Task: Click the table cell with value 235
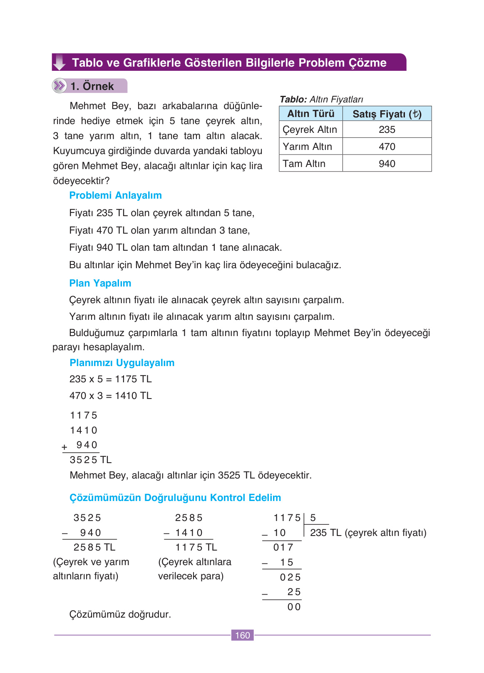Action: pyautogui.click(x=387, y=130)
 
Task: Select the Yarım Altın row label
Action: pyautogui.click(x=307, y=147)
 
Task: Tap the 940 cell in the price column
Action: pyautogui.click(x=387, y=164)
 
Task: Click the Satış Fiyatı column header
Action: pyautogui.click(x=387, y=114)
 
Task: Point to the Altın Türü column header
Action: pyautogui.click(x=310, y=114)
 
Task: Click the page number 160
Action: pyautogui.click(x=242, y=635)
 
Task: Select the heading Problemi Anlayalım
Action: pyautogui.click(x=115, y=195)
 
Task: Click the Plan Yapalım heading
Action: pyautogui.click(x=100, y=283)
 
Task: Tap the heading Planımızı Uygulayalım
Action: pyautogui.click(x=122, y=363)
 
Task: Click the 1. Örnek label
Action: pyautogui.click(x=92, y=86)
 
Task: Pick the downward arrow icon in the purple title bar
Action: pyautogui.click(x=60, y=62)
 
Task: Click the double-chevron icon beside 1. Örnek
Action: pyautogui.click(x=60, y=86)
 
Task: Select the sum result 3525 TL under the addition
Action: pyautogui.click(x=90, y=460)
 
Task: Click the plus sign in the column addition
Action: pyautogui.click(x=65, y=447)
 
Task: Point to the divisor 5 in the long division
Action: pyautogui.click(x=313, y=518)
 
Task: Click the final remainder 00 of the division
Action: pyautogui.click(x=294, y=607)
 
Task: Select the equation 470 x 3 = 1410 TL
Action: pyautogui.click(x=110, y=396)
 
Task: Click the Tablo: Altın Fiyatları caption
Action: pyautogui.click(x=321, y=99)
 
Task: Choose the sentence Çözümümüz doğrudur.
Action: pyautogui.click(x=120, y=614)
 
